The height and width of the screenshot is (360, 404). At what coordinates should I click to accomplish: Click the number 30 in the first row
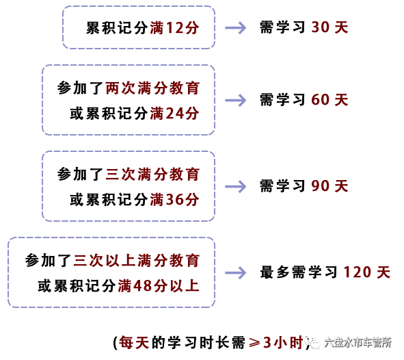click(x=321, y=27)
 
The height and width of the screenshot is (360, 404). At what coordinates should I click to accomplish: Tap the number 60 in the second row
click(x=321, y=100)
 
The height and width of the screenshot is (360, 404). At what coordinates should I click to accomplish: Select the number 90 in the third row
click(x=321, y=186)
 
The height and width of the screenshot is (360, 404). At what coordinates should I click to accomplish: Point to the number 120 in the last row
click(x=357, y=272)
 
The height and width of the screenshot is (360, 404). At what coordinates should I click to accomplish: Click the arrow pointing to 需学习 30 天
click(x=235, y=27)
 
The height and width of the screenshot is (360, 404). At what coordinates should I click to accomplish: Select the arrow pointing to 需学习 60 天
click(x=235, y=100)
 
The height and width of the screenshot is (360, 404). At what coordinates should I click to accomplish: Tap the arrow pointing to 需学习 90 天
click(x=235, y=186)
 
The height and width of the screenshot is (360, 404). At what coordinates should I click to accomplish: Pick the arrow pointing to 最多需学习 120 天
click(x=235, y=273)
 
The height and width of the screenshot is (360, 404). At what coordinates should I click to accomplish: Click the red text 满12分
click(x=174, y=28)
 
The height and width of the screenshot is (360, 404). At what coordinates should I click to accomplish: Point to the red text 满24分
click(x=174, y=114)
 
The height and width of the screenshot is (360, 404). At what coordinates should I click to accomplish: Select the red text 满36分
click(x=174, y=200)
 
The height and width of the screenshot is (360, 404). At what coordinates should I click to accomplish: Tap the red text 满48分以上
click(x=159, y=286)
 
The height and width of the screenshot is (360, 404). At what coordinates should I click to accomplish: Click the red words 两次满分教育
click(x=152, y=88)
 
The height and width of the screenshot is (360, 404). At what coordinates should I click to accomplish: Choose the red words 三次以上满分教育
click(x=136, y=261)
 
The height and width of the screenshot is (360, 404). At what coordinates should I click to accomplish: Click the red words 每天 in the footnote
click(x=134, y=343)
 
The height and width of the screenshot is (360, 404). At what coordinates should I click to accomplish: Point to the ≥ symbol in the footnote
click(x=254, y=343)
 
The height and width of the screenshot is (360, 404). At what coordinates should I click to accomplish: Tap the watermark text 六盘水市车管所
click(x=358, y=342)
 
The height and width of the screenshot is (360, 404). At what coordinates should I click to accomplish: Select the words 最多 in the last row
click(x=275, y=272)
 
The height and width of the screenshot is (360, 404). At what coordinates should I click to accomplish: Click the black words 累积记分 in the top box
click(x=117, y=28)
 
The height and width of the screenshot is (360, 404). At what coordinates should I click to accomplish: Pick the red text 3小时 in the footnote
click(x=283, y=343)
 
